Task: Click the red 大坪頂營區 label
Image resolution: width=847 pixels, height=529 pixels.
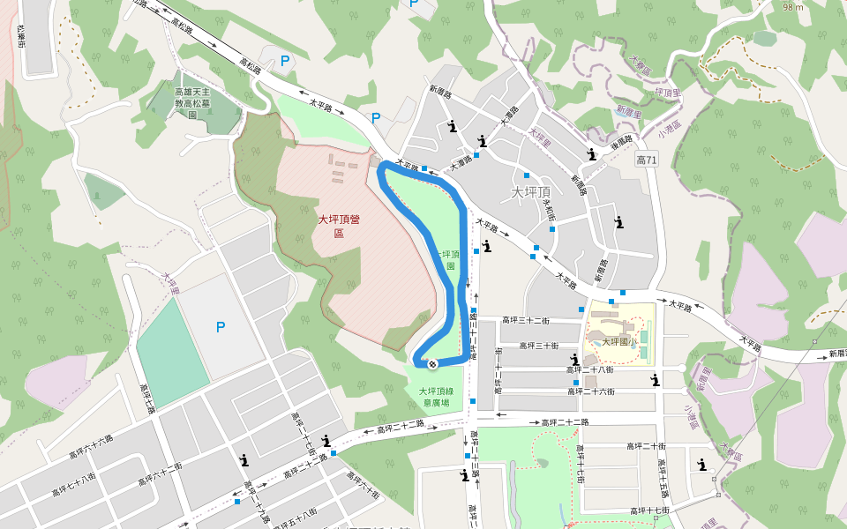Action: [339, 226]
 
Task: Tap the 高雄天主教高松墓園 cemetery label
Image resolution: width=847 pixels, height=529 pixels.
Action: [191, 102]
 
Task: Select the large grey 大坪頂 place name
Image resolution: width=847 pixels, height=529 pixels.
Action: [531, 191]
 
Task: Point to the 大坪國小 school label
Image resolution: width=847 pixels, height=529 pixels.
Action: [620, 341]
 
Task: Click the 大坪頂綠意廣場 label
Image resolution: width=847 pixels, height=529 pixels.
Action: [441, 397]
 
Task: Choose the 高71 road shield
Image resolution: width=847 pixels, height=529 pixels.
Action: [647, 160]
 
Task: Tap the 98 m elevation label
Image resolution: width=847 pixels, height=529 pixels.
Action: [793, 7]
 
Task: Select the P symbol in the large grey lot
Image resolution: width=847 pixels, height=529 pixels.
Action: [221, 327]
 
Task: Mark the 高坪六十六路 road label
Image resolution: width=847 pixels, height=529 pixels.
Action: [92, 447]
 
